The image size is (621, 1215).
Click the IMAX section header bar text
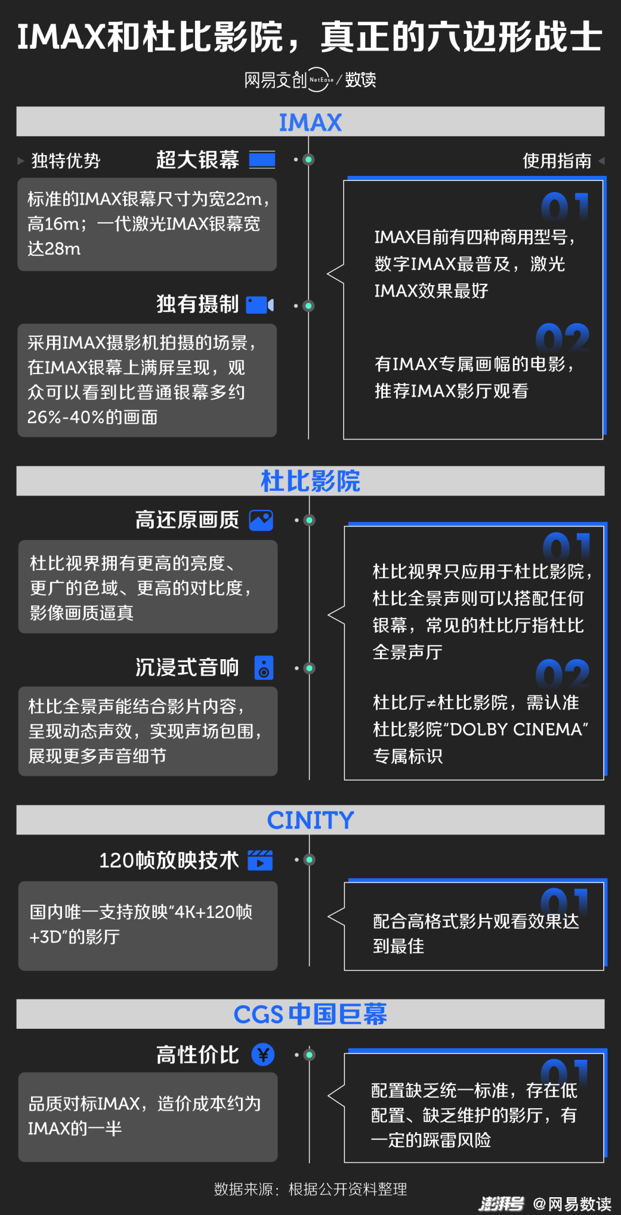(310, 122)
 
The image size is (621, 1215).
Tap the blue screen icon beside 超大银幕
(262, 160)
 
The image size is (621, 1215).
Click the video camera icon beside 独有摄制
(260, 305)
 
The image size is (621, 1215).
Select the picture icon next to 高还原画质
(261, 520)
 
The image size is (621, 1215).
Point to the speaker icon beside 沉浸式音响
(264, 668)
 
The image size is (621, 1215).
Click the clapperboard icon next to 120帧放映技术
(260, 860)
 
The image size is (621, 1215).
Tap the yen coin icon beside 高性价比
(263, 1055)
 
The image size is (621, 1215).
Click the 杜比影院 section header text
(310, 481)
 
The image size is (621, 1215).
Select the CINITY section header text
(310, 820)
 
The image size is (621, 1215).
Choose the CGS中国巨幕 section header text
(310, 1014)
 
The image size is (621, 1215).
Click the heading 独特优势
(66, 161)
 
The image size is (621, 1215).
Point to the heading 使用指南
(557, 161)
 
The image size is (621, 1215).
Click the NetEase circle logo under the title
(320, 80)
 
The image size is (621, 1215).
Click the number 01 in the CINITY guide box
(565, 901)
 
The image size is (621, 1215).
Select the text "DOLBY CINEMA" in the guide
(517, 729)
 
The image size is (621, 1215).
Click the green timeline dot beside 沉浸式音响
(309, 668)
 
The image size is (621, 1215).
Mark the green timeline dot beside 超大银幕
(309, 159)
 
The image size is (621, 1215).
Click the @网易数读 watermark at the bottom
(572, 1204)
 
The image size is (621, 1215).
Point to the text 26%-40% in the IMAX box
(66, 417)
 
